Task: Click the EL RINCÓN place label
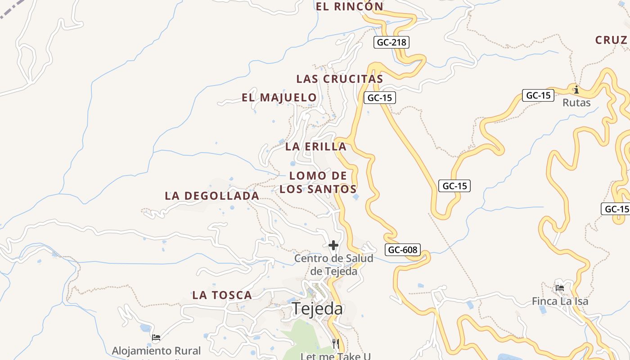(x=349, y=6)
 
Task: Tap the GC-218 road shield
(x=391, y=43)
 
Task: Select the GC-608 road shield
(x=403, y=250)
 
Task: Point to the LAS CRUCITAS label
(x=340, y=79)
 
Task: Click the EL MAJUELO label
(x=279, y=97)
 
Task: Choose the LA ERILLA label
(x=316, y=146)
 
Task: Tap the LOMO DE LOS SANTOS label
(x=318, y=182)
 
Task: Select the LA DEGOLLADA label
(x=212, y=196)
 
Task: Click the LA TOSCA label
(x=222, y=295)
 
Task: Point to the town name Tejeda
(x=317, y=309)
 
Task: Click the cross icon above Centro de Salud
(x=333, y=245)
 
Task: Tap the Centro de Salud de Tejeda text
(x=333, y=265)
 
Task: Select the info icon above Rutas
(x=576, y=90)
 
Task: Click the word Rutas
(x=576, y=103)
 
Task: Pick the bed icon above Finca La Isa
(x=560, y=288)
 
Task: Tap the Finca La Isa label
(x=560, y=301)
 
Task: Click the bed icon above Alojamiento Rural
(x=156, y=337)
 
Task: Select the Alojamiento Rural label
(x=156, y=351)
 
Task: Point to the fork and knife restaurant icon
(x=335, y=344)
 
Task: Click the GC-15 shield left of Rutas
(x=538, y=95)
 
